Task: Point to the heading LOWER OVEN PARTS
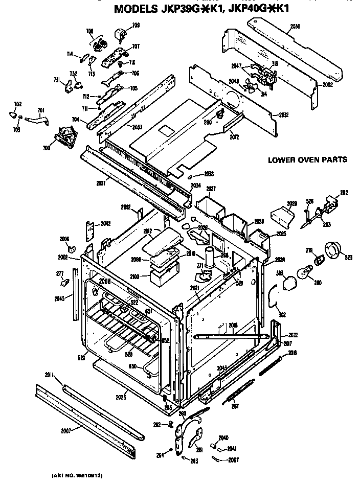point(307,160)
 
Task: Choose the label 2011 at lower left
point(50,376)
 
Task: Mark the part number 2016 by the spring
point(292,353)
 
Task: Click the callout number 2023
point(121,397)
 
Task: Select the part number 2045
point(60,298)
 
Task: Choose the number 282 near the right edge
point(344,193)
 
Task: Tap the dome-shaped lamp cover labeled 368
point(289,282)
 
